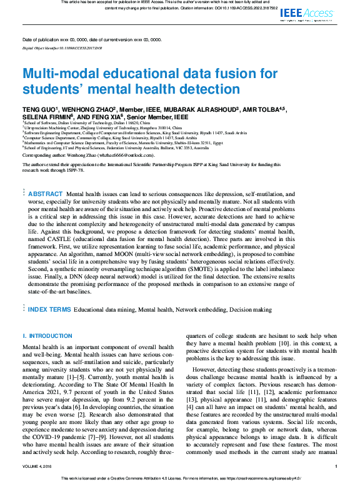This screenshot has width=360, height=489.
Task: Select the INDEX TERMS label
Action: pos(49,309)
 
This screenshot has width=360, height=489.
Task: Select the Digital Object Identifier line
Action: pos(62,47)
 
